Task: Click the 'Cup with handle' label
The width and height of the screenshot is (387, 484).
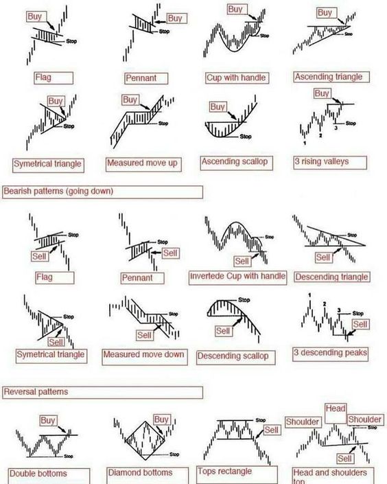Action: (x=236, y=78)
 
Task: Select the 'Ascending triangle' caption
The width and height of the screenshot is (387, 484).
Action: (x=328, y=77)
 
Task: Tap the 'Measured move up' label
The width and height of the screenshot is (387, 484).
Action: (x=143, y=164)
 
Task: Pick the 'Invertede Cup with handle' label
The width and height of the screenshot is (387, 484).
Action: (x=237, y=276)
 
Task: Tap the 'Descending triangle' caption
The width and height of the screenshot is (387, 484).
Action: (x=331, y=277)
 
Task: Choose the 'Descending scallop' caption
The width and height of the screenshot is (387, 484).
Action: (x=233, y=356)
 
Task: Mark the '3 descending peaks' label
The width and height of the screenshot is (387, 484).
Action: (x=330, y=353)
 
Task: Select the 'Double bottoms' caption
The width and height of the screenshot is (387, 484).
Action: (x=38, y=474)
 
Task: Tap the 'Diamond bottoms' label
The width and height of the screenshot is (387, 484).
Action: (x=140, y=472)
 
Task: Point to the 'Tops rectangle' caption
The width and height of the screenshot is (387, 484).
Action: (x=224, y=472)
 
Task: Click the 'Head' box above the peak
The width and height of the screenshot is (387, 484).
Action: (x=336, y=408)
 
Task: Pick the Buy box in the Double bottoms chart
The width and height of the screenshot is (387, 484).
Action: (x=48, y=420)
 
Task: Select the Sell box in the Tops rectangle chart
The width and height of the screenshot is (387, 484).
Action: (x=272, y=430)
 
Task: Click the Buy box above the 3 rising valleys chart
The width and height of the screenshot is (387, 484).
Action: (x=322, y=93)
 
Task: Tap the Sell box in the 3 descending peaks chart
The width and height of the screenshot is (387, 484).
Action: (x=360, y=323)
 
